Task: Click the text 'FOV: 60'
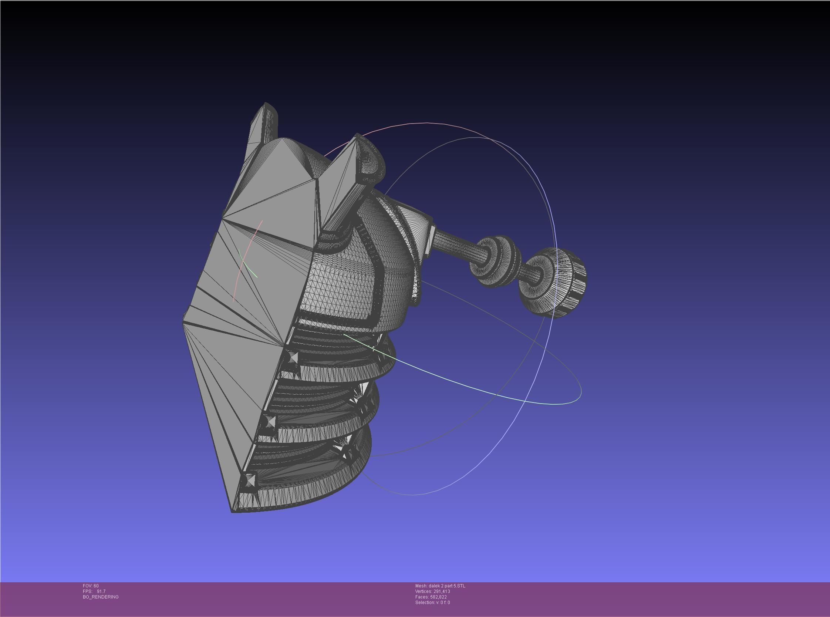[x=91, y=586]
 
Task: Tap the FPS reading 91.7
[x=101, y=591]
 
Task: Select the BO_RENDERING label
[x=101, y=597]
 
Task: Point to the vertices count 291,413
[x=442, y=591]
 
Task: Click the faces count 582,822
[x=440, y=597]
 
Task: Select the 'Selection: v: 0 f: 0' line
[x=432, y=603]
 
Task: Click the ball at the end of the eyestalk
[x=554, y=283]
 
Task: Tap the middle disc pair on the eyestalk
[x=495, y=261]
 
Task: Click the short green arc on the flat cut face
[x=248, y=267]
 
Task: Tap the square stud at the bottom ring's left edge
[x=249, y=479]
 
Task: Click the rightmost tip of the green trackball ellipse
[x=581, y=390]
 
